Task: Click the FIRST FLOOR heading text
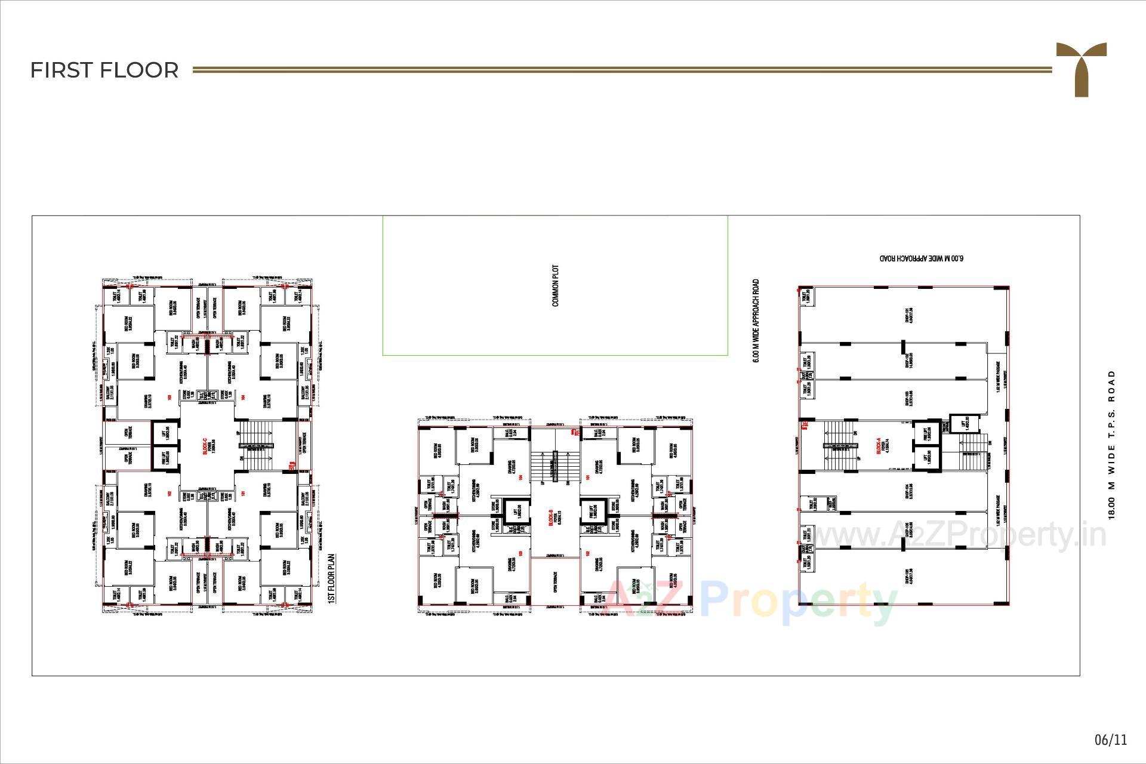point(104,70)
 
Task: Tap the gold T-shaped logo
point(1081,67)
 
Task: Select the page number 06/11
point(1111,740)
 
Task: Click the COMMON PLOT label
point(556,286)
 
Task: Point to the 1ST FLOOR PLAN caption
point(332,578)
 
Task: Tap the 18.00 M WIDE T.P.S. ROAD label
point(1111,445)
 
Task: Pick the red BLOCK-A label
point(879,446)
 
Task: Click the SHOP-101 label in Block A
point(908,315)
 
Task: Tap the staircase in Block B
point(555,466)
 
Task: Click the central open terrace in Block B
point(554,582)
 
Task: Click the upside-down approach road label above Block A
point(922,258)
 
